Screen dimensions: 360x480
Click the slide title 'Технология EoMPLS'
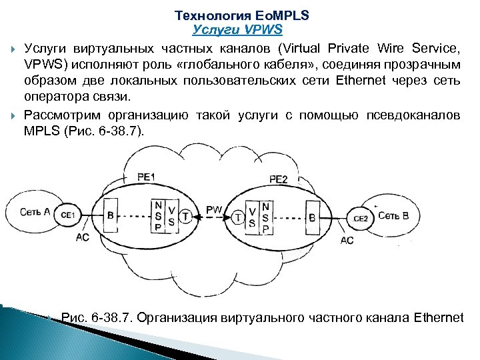(241, 15)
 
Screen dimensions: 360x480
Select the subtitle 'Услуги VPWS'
(237, 29)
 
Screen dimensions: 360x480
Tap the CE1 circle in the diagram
(67, 215)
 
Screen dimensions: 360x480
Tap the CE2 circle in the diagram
(360, 217)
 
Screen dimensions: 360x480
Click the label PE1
(146, 177)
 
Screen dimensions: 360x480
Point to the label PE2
(279, 179)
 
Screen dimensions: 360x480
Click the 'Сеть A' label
(35, 212)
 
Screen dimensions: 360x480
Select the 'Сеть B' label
(393, 215)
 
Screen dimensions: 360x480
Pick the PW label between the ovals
(214, 209)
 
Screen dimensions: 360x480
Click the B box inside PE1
(111, 215)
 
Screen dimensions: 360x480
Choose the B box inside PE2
(312, 217)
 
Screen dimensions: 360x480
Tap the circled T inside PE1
(185, 215)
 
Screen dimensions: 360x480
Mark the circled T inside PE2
(238, 217)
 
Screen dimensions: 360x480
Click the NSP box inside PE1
(157, 215)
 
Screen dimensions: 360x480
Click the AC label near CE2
(347, 240)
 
